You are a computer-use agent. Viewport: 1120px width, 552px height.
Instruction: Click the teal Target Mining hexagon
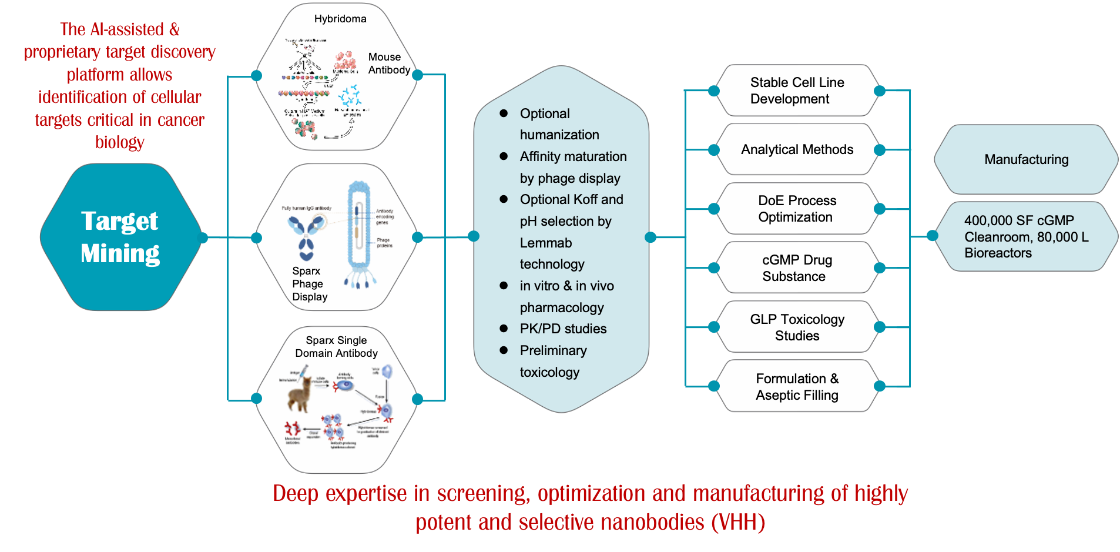tap(120, 237)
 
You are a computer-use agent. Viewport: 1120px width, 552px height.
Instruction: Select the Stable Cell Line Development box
tap(797, 91)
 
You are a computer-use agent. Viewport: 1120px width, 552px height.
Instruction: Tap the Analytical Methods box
tap(797, 149)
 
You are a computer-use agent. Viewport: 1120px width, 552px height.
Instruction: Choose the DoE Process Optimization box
tap(797, 209)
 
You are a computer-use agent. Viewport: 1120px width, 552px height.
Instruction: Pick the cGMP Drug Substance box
tap(797, 268)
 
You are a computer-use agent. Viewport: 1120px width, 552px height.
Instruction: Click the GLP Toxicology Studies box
tap(797, 327)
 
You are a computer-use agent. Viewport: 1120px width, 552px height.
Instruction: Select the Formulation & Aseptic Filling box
tap(797, 387)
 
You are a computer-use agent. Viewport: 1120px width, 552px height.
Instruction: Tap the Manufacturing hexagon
tap(1026, 159)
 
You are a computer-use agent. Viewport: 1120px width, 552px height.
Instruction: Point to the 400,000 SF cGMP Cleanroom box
tap(1026, 236)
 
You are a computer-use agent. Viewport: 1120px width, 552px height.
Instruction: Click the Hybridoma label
tap(340, 19)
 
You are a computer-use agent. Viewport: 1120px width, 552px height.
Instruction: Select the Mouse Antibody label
tap(389, 63)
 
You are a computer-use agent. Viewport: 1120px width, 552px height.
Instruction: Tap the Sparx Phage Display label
tap(310, 284)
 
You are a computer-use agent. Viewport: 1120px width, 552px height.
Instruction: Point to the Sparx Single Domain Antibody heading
tap(336, 347)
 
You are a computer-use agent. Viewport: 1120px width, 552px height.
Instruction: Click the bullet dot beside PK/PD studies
tap(504, 329)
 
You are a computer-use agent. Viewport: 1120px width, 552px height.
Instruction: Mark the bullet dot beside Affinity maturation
tap(504, 156)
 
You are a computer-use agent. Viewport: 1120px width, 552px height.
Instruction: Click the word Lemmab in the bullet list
tap(546, 243)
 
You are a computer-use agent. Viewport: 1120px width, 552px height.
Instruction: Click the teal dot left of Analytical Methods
tap(714, 150)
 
